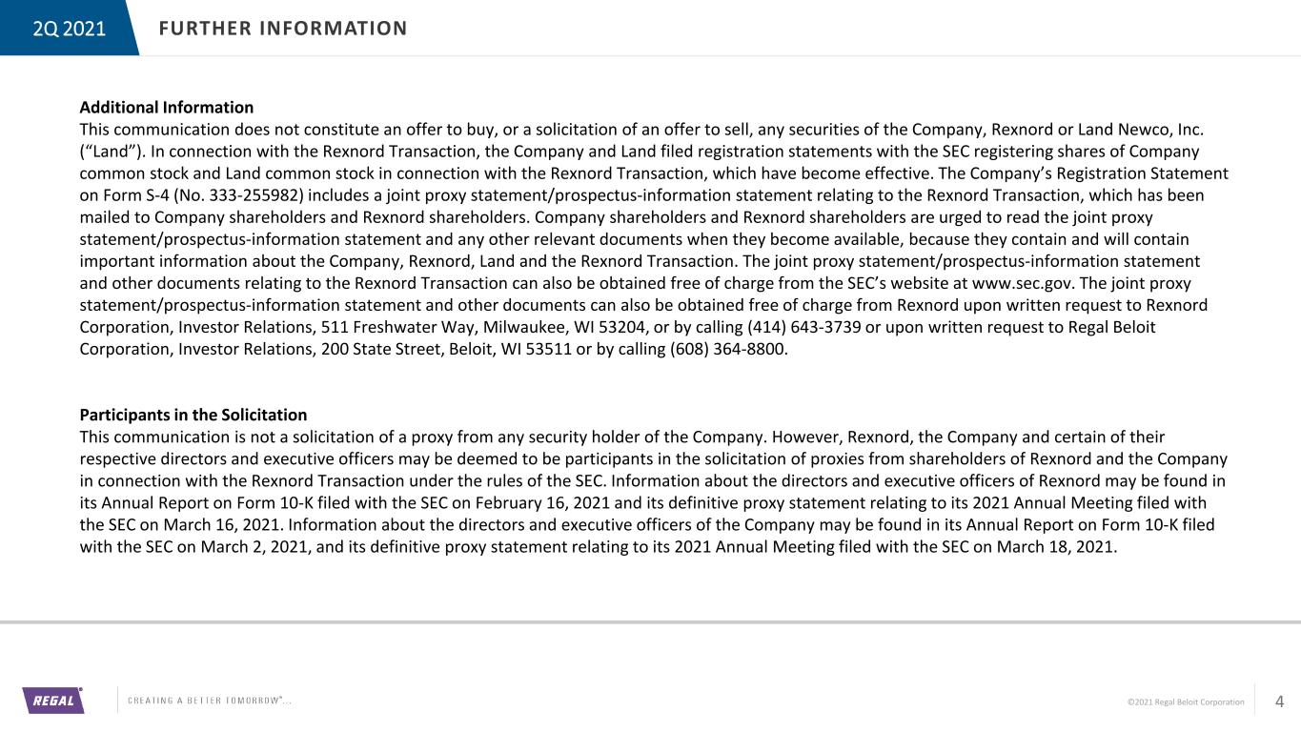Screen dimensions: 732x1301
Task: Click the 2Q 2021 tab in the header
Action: [69, 29]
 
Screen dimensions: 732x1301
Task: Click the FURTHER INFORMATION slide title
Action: [283, 29]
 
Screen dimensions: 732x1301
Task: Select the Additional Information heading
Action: [167, 108]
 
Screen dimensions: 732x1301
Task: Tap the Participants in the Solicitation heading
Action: [193, 416]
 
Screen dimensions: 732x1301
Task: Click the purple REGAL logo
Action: [53, 701]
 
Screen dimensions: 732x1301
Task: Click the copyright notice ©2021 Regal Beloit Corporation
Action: [1186, 702]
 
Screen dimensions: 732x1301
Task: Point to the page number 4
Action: [1279, 702]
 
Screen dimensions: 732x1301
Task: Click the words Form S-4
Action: [127, 195]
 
